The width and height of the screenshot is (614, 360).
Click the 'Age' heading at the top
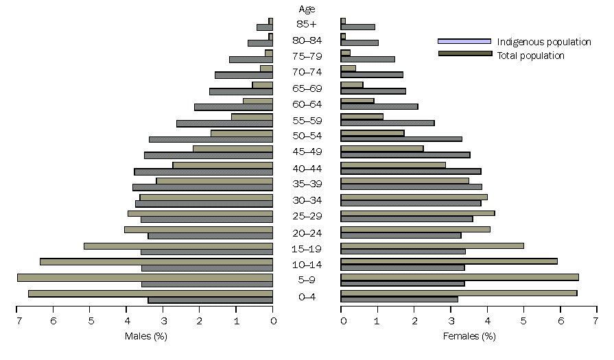307,9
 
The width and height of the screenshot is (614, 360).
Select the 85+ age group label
307,24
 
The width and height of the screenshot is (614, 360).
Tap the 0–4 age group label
307,297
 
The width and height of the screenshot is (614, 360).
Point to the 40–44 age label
307,168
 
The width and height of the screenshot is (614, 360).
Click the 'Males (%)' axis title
145,336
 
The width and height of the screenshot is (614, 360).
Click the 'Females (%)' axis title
469,336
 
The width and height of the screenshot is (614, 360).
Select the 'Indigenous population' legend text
544,42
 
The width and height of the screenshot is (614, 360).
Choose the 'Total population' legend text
531,56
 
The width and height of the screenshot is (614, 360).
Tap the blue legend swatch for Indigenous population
464,41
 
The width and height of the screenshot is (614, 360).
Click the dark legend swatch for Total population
464,53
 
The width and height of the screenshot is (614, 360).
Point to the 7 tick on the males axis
16,320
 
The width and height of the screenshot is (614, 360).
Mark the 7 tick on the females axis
597,320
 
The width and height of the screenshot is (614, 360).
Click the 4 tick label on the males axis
126,320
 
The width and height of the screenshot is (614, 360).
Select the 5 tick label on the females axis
523,320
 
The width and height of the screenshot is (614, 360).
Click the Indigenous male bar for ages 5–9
145,277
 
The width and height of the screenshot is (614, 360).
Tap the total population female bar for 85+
357,27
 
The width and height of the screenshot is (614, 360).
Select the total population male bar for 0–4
210,300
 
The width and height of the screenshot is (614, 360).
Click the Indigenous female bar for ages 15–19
432,245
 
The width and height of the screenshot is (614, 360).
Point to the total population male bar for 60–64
233,107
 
